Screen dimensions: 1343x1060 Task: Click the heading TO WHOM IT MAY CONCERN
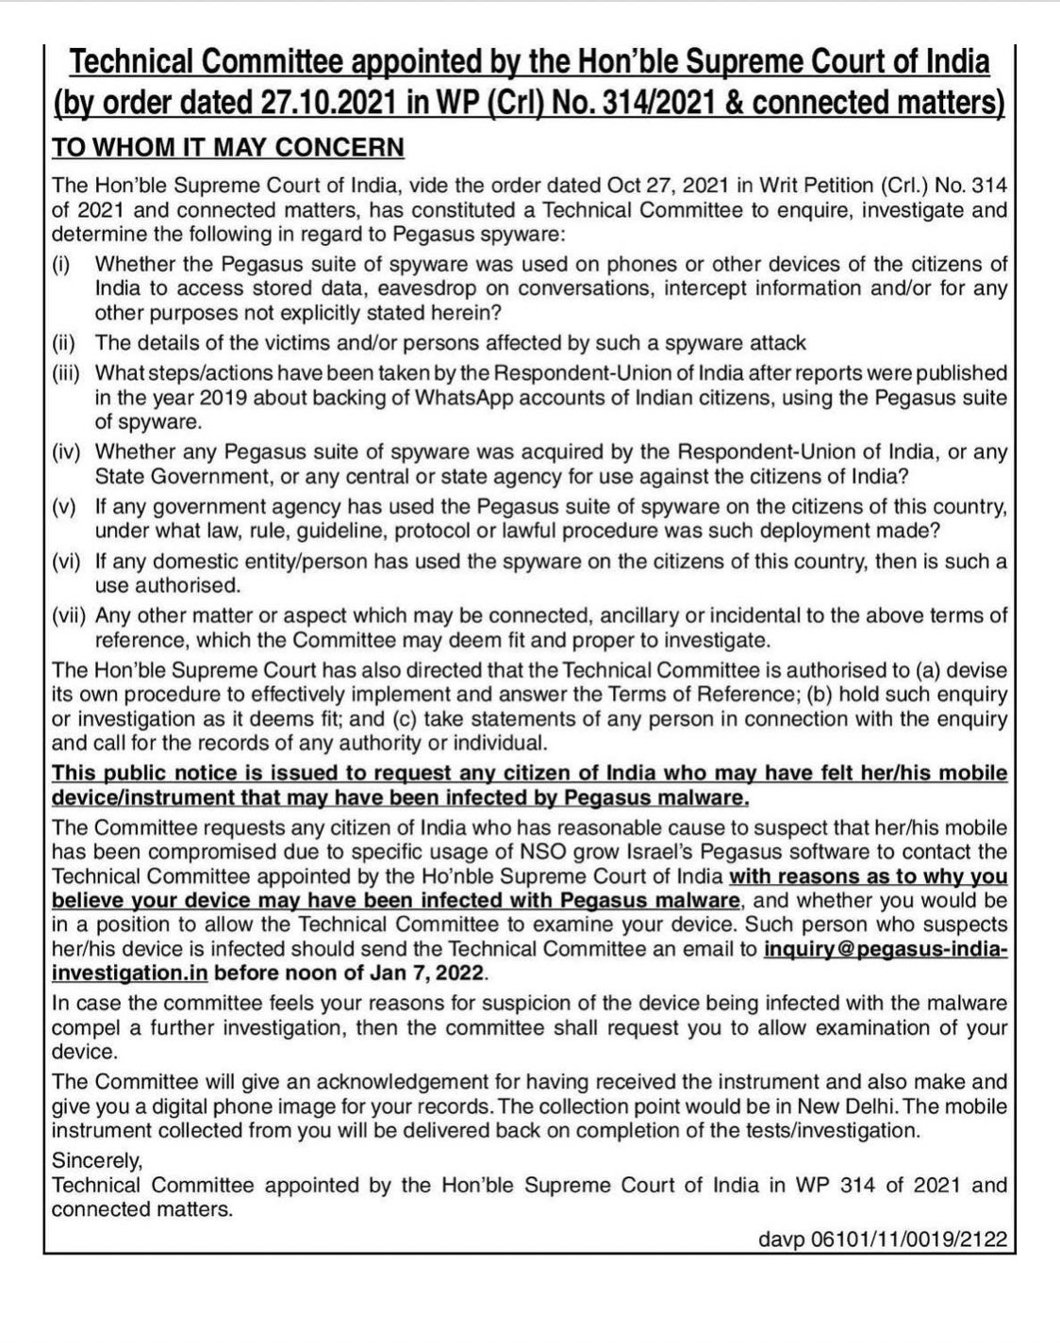227,148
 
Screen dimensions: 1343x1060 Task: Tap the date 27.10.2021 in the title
329,102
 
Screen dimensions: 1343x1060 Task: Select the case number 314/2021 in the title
651,102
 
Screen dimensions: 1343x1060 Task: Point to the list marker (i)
61,264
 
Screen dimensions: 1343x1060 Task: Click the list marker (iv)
70,452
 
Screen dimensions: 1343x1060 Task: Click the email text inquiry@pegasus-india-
886,949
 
